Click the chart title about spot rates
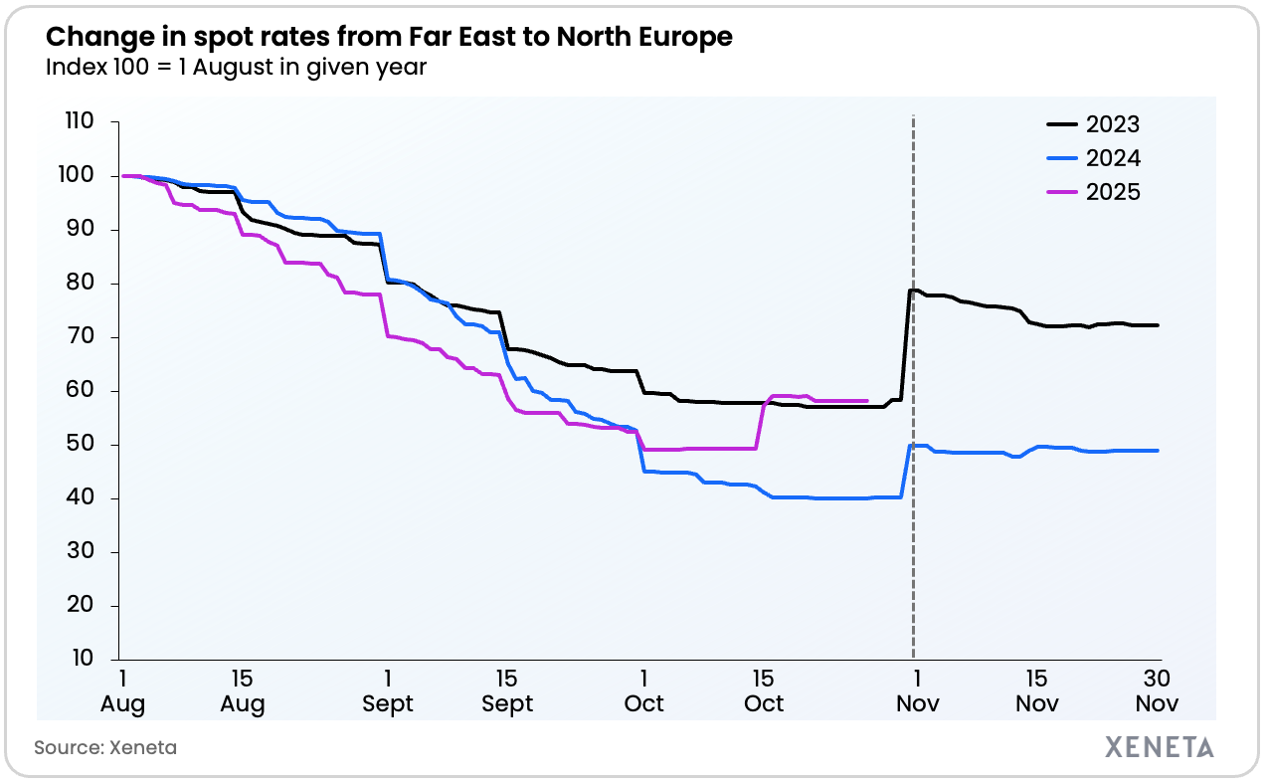389,38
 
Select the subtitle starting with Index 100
237,69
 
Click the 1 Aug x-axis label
122,691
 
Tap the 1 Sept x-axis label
387,691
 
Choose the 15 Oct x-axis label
764,691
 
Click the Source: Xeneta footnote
105,747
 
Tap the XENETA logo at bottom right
1159,747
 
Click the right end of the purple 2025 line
867,401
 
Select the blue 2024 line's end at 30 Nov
1157,451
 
